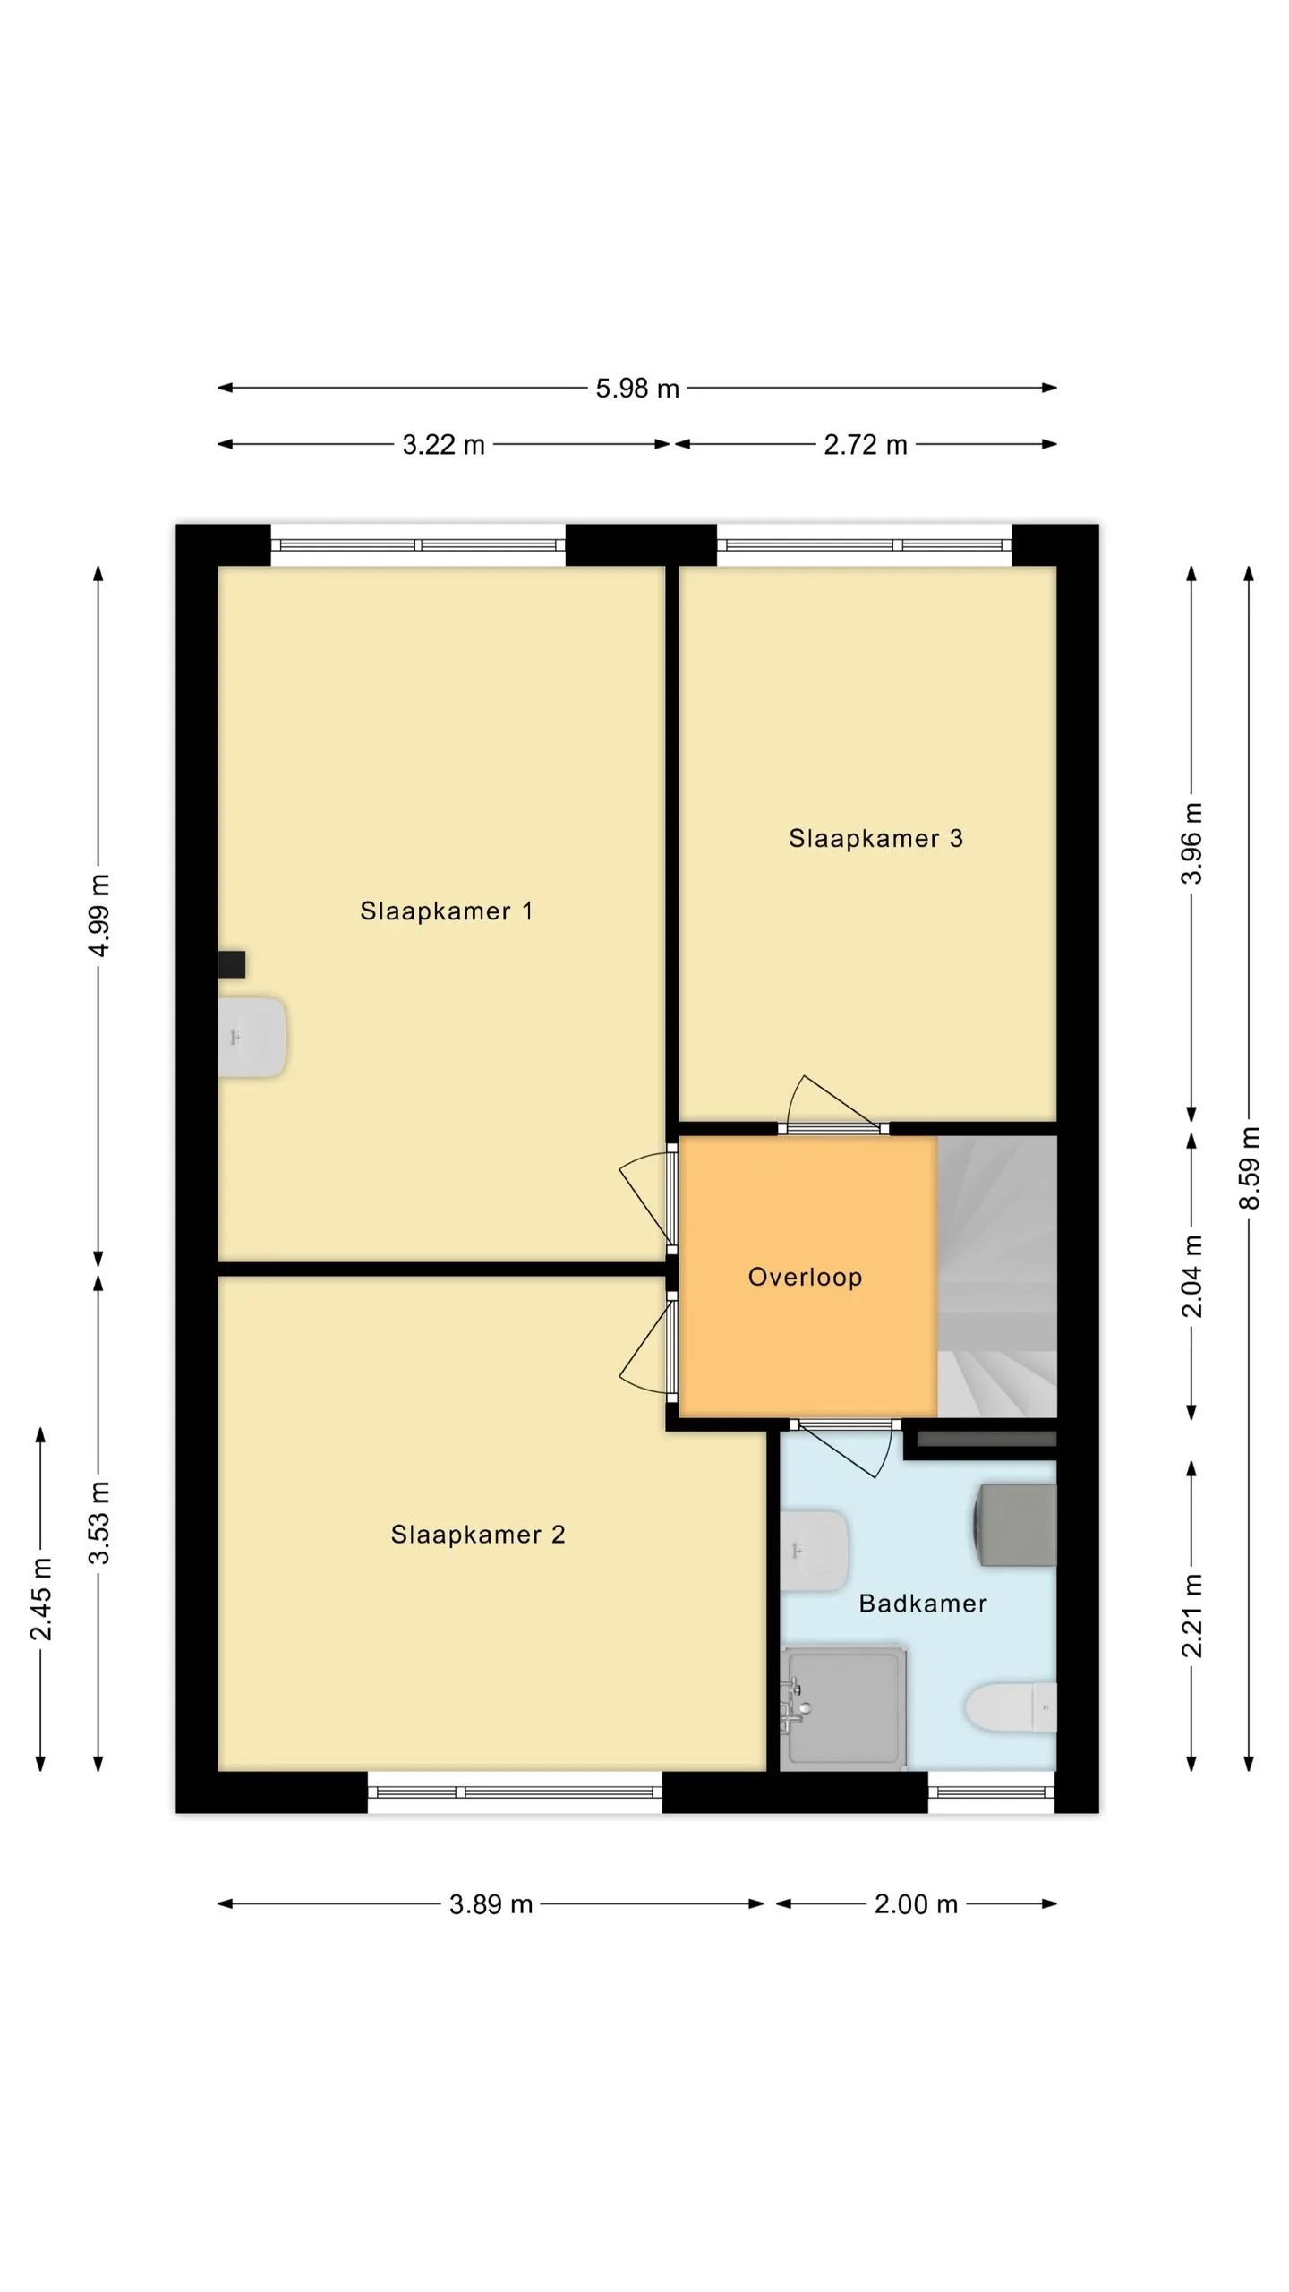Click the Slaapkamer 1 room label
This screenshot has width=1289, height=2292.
click(446, 911)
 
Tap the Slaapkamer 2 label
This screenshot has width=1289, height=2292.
click(478, 1535)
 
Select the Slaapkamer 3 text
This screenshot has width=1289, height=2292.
click(875, 838)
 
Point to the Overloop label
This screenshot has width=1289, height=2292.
click(805, 1278)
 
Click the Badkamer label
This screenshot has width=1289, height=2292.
click(923, 1604)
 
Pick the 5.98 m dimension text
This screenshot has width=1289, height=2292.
click(637, 389)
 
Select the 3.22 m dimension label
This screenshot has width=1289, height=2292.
click(443, 445)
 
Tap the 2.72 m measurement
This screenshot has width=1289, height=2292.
click(866, 445)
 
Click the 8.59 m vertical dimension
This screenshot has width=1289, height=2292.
click(1250, 1167)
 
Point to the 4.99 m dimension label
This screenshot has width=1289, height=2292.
click(99, 915)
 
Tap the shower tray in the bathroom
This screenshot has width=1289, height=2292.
click(842, 1709)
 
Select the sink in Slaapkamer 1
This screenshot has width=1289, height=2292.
click(252, 1038)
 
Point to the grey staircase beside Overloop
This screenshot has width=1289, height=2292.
click(997, 1277)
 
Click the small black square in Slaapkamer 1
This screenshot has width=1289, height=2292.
click(232, 964)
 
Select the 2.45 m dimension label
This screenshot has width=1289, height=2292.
click(41, 1599)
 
